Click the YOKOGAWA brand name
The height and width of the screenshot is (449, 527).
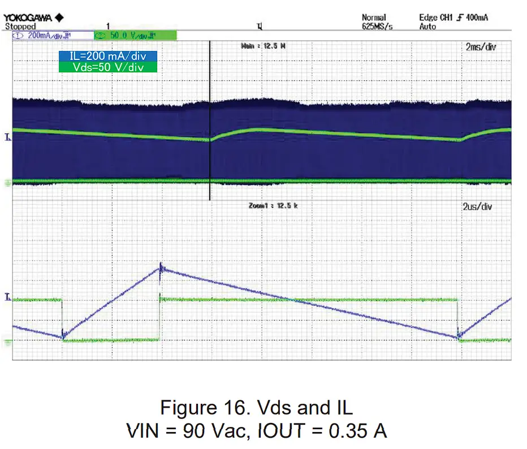point(29,18)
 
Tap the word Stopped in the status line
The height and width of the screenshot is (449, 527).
point(20,26)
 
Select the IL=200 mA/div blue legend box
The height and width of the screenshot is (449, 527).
point(107,57)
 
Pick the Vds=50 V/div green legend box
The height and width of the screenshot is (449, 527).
point(107,67)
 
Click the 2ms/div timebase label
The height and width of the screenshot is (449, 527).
point(481,47)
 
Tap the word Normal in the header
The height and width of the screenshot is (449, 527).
point(374,18)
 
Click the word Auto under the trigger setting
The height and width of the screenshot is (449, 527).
point(428,27)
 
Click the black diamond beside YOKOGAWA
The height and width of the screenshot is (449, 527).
point(60,18)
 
